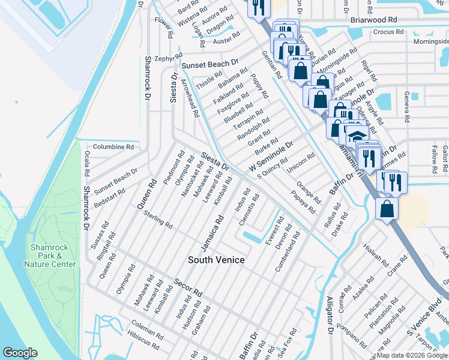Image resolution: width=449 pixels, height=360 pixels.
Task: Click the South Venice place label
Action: tap(216, 259)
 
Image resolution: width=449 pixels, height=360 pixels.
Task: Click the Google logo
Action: tap(20, 353)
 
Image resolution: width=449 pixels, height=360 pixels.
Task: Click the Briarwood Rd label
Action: tap(373, 19)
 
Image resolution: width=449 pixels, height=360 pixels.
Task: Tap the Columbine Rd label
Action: tap(113, 146)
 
